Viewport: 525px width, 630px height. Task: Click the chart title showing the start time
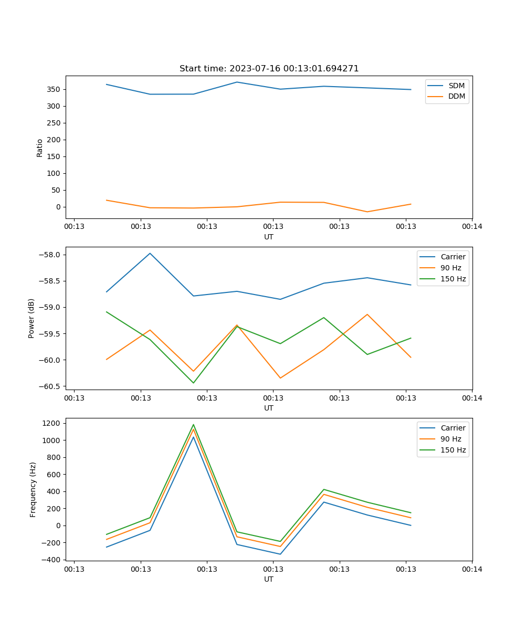(x=269, y=69)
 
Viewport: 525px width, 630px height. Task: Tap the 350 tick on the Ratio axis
(x=55, y=89)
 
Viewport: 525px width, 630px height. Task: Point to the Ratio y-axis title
(x=40, y=148)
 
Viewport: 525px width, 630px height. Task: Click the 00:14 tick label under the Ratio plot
(x=472, y=227)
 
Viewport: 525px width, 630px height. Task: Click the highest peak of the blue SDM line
(x=237, y=82)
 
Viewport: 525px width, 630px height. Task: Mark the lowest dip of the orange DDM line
(x=367, y=212)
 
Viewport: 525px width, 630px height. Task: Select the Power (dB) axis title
(x=31, y=318)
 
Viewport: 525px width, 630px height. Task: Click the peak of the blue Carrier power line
(x=150, y=253)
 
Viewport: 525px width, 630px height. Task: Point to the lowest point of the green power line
(x=193, y=383)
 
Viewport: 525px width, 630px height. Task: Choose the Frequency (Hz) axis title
(x=33, y=489)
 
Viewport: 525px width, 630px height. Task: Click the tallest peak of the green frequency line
(x=193, y=425)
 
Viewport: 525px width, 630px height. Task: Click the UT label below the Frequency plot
(x=269, y=579)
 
